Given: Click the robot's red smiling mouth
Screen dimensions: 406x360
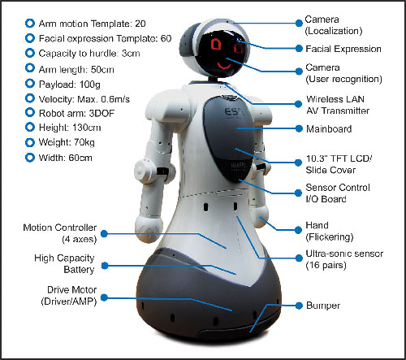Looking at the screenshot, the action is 224,66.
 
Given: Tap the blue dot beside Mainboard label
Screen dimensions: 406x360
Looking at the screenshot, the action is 299,128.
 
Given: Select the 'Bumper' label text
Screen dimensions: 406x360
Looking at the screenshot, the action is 323,306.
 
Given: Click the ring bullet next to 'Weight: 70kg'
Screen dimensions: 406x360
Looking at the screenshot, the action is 30,142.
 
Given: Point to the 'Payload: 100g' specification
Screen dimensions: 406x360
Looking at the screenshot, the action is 70,85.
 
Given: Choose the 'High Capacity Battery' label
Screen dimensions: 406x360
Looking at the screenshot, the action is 64,263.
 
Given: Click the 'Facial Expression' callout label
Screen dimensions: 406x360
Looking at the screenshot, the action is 343,49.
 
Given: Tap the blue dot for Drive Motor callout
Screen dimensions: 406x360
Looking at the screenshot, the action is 104,297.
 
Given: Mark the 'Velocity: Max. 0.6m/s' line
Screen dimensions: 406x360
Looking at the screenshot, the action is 84,99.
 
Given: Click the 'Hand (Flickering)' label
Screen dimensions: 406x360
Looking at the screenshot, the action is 330,231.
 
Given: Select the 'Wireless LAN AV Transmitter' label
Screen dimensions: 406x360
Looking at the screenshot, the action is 338,105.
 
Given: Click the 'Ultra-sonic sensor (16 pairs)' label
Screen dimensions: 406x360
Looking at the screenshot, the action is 344,259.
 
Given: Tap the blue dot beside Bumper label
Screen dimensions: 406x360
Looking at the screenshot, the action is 299,306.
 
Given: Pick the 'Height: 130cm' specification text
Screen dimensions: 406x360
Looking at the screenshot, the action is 70,128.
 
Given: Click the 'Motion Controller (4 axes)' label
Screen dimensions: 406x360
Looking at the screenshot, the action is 60,233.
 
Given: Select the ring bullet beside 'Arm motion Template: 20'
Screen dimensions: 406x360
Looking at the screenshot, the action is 30,24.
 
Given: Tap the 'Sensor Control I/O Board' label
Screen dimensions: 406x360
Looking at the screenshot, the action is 338,193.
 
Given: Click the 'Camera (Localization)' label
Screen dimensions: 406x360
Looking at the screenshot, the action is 334,25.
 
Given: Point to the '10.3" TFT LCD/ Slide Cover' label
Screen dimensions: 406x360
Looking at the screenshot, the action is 339,164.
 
